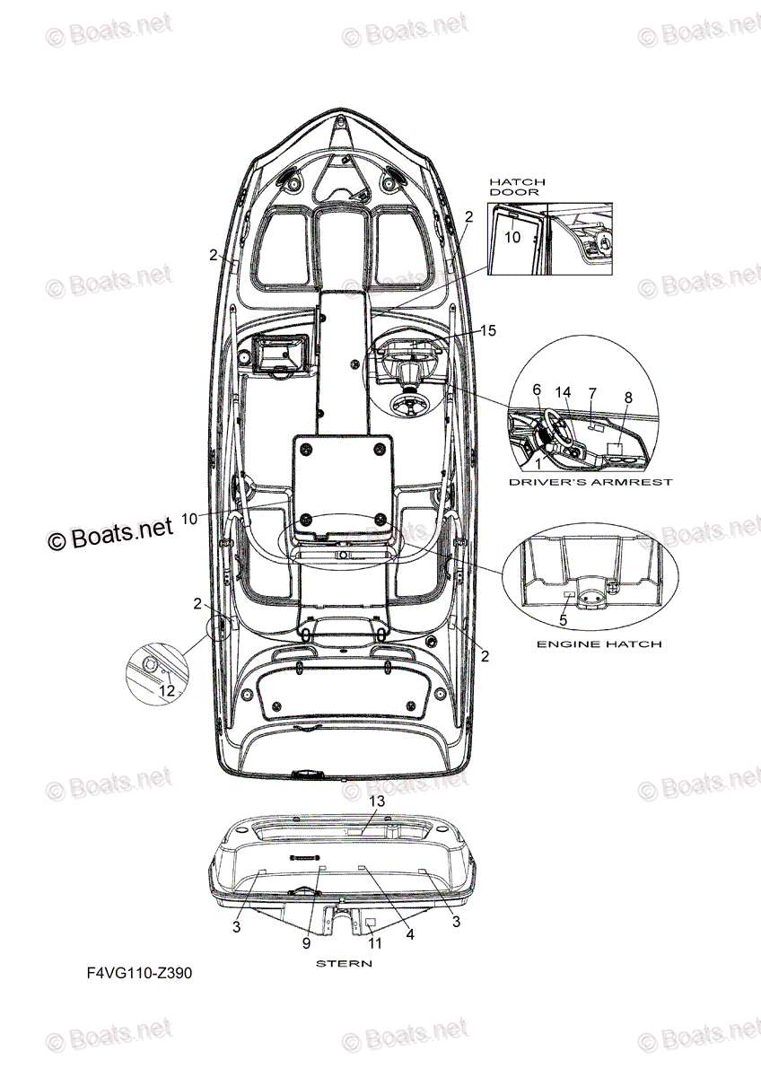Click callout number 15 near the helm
(x=487, y=331)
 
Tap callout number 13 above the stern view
(x=377, y=801)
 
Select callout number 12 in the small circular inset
(x=167, y=690)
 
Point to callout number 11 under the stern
(x=375, y=943)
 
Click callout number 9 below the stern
(x=307, y=943)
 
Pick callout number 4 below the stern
(x=410, y=934)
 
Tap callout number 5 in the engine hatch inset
(x=563, y=619)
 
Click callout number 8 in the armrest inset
(x=627, y=397)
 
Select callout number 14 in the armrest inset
(x=563, y=392)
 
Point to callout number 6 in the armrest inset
(x=537, y=390)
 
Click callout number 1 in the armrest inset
(x=538, y=464)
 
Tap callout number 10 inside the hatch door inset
(x=512, y=237)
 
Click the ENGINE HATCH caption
(x=599, y=644)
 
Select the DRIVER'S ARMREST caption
(x=590, y=482)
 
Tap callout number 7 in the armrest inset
(x=592, y=393)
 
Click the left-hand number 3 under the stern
(x=236, y=927)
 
